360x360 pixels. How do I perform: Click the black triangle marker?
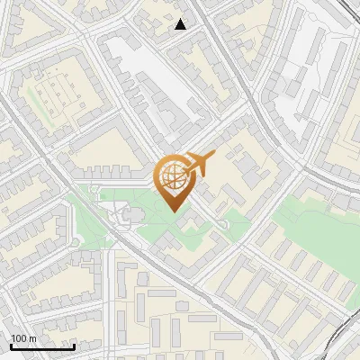point(181,24)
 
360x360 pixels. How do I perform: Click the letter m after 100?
point(32,338)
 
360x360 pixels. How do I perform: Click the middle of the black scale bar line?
point(41,346)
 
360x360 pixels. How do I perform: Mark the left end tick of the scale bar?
point(10,345)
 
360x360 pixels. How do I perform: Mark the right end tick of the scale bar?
point(74,345)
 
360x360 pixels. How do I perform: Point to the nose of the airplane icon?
point(213,157)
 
